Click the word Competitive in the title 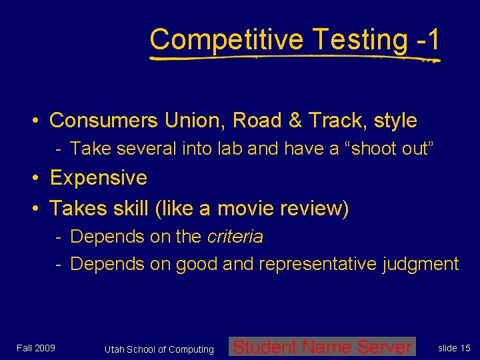[x=227, y=40]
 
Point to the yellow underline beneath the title [x=293, y=59]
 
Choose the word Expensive [x=99, y=178]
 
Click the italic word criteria [x=235, y=237]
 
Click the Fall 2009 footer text [x=36, y=347]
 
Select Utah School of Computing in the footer [x=159, y=349]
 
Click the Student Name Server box [x=322, y=347]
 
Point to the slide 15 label [x=454, y=348]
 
